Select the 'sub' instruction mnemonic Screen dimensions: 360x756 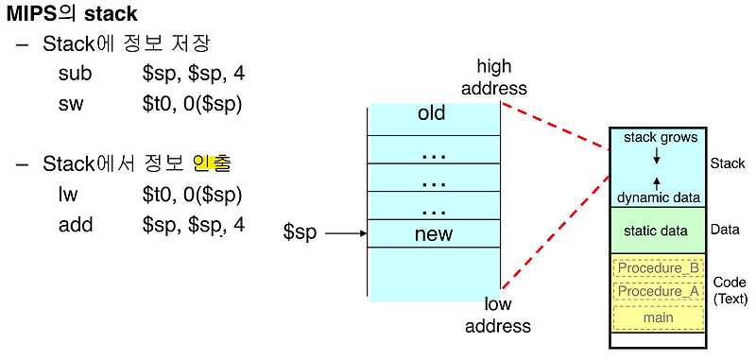(x=75, y=73)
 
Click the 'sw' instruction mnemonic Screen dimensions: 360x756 (x=71, y=104)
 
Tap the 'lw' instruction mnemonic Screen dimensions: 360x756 (x=69, y=195)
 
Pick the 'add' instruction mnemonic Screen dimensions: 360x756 (x=75, y=225)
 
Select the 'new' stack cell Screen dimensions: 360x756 (x=434, y=233)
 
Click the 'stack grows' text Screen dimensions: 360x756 (x=661, y=138)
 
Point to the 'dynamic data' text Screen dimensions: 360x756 (x=659, y=197)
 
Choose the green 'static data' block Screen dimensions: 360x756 (x=656, y=230)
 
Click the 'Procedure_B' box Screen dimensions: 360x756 (x=659, y=268)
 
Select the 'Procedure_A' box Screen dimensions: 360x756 (x=659, y=293)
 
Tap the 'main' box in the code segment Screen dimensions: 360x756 (x=659, y=317)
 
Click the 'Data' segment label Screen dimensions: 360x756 (x=725, y=230)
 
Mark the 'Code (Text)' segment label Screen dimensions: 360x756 (x=729, y=291)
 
